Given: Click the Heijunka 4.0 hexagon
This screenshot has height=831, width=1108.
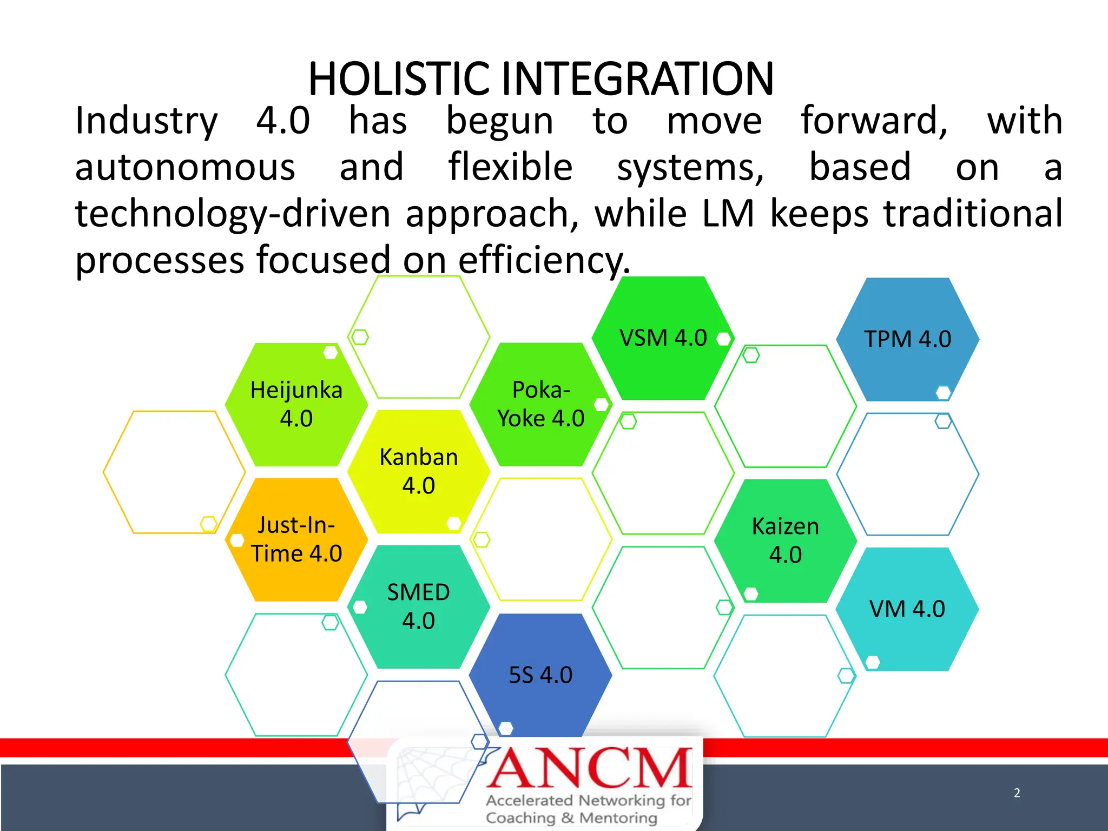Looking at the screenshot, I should [296, 405].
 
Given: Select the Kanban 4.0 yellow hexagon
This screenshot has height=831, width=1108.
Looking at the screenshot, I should [418, 471].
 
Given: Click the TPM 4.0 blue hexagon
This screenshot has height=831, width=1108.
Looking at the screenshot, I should [907, 339].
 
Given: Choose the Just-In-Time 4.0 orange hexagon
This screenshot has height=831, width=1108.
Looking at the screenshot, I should [296, 539].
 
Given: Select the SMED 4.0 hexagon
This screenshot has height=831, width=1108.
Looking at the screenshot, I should [418, 606].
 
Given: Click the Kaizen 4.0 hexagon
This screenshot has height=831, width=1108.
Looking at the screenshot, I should [785, 540].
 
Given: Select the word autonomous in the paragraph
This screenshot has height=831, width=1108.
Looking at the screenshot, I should [185, 168].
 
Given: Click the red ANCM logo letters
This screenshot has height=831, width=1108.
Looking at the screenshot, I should [590, 768].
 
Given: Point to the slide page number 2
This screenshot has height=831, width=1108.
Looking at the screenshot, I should [1017, 793].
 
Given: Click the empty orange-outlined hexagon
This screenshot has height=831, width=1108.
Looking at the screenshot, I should [174, 472].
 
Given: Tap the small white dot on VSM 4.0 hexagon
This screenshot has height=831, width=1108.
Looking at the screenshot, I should [723, 339].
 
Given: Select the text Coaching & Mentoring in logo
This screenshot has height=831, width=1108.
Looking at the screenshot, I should [571, 817].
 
